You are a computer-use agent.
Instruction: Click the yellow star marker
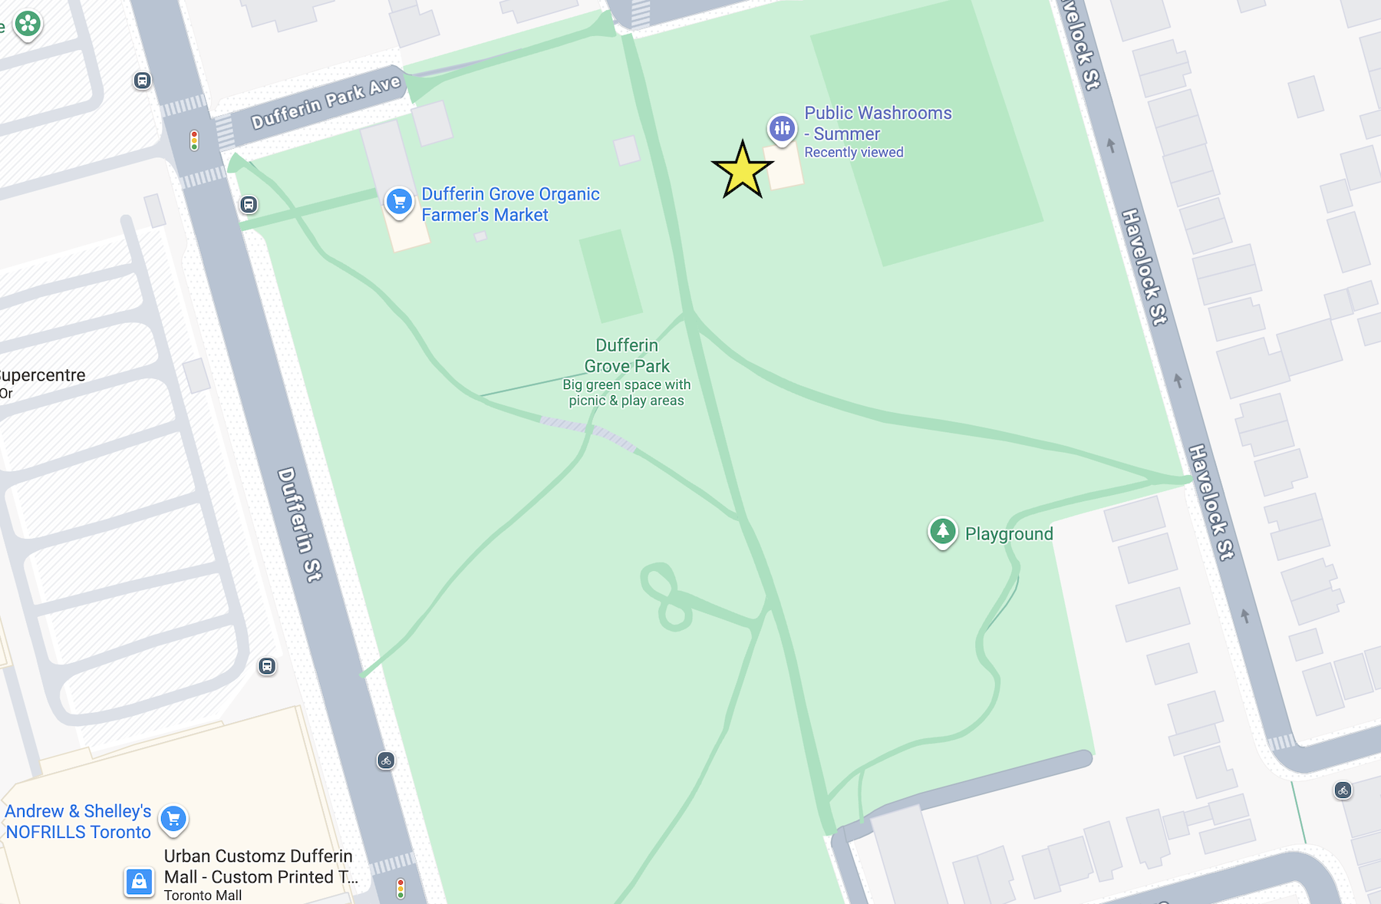click(x=742, y=170)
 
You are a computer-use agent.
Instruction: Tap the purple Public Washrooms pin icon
click(x=782, y=128)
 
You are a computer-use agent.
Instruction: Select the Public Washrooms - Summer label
click(x=878, y=123)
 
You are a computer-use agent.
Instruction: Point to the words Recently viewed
click(x=853, y=153)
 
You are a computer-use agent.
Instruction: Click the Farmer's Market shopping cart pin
click(x=399, y=203)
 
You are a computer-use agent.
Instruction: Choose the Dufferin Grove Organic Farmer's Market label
click(x=510, y=204)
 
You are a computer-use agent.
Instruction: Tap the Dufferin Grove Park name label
click(x=627, y=355)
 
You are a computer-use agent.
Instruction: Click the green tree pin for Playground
click(x=942, y=531)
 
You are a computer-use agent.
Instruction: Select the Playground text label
click(x=1008, y=534)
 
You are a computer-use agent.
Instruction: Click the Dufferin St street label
click(x=299, y=524)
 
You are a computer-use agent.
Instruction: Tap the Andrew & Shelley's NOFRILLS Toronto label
click(x=78, y=821)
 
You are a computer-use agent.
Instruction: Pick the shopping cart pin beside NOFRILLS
click(x=173, y=819)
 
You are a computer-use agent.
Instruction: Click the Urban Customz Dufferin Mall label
click(x=259, y=866)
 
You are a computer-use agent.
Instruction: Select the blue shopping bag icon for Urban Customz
click(x=139, y=882)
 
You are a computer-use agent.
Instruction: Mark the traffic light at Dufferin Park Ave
click(x=194, y=140)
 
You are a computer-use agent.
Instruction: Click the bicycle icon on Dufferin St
click(x=386, y=760)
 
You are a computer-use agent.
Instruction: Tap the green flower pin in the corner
click(x=28, y=24)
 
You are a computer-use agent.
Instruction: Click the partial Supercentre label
click(x=42, y=375)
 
